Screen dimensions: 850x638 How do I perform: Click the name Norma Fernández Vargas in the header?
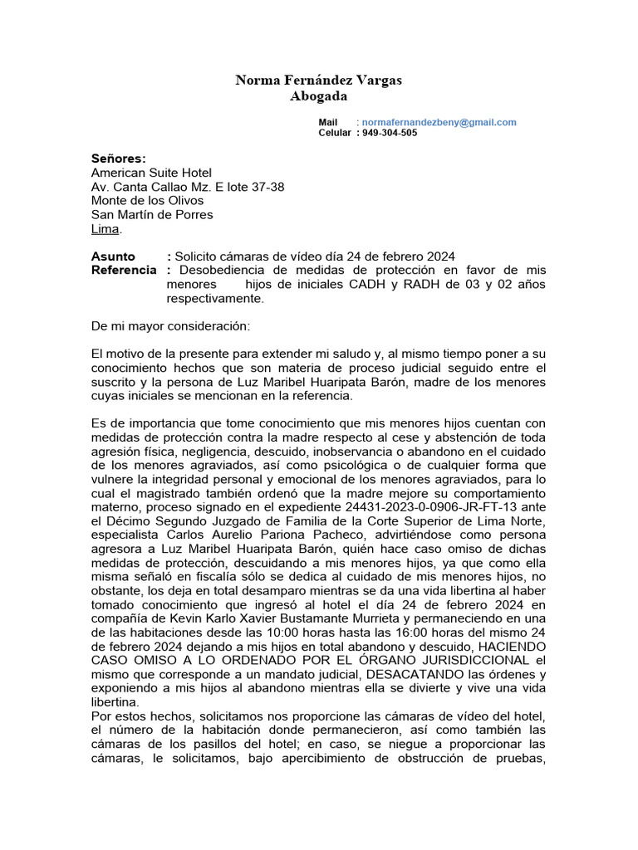click(x=318, y=81)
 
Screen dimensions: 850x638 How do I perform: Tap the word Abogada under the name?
click(x=318, y=96)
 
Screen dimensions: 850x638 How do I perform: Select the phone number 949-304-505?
click(x=390, y=133)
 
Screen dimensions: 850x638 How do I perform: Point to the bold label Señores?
click(x=118, y=159)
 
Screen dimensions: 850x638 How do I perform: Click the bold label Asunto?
click(x=113, y=256)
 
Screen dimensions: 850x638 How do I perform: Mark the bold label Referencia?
click(x=124, y=271)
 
